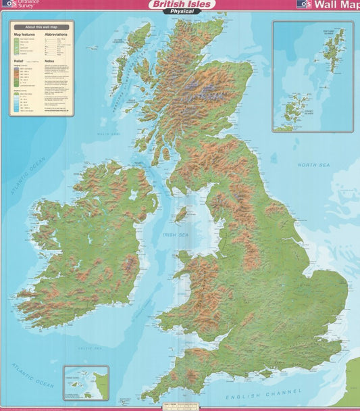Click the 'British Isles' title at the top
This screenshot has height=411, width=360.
180,4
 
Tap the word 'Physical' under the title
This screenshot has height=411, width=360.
180,11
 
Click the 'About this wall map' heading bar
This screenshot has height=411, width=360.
41,26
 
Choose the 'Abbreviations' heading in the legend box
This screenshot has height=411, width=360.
56,33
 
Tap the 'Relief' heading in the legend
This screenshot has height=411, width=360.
19,59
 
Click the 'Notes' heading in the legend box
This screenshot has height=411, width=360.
49,59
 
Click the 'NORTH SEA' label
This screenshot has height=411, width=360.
313,164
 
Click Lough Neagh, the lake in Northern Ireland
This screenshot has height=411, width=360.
134,195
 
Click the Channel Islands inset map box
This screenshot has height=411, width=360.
86,383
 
